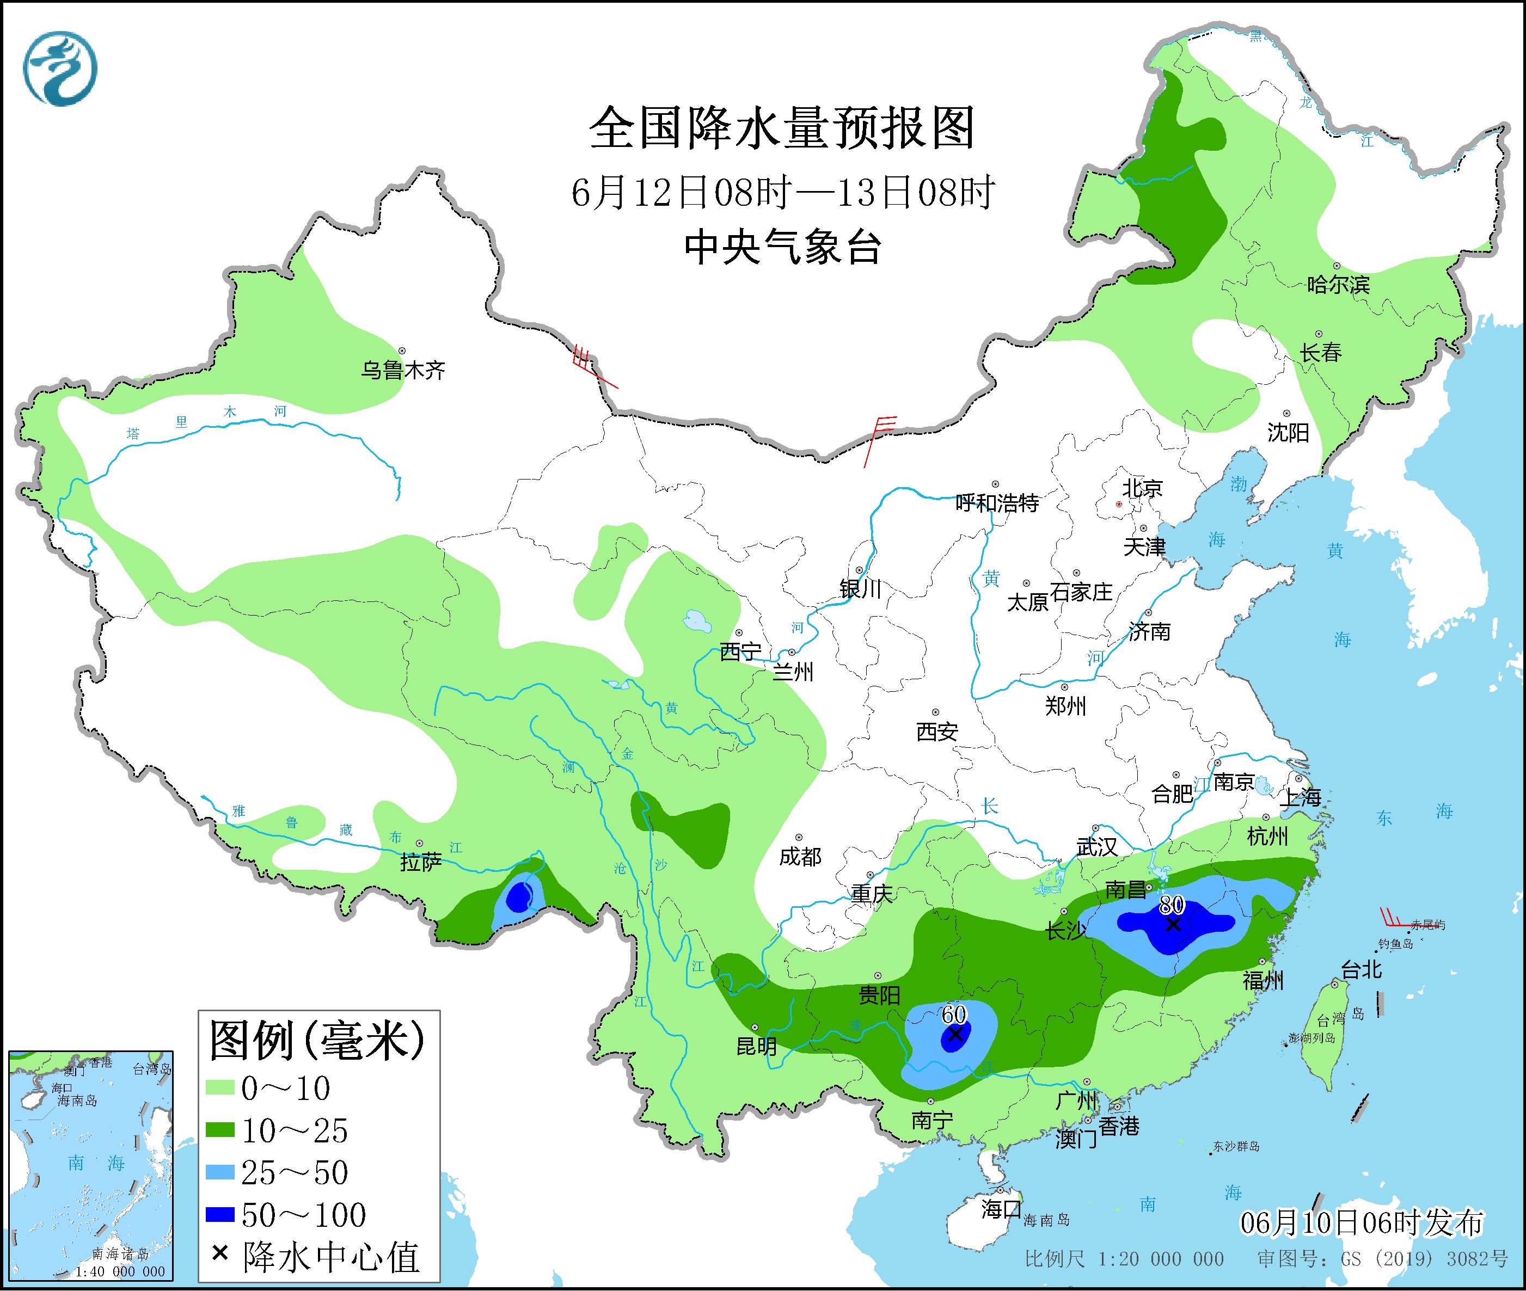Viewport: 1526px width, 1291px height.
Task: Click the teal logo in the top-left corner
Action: coord(60,68)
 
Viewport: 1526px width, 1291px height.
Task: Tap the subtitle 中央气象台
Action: coord(782,247)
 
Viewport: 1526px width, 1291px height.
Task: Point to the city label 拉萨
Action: coord(421,862)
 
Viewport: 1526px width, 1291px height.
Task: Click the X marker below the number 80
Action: coord(1173,924)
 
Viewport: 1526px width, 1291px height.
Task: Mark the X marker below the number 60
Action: coord(955,1034)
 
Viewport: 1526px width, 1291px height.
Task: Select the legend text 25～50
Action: coord(295,1173)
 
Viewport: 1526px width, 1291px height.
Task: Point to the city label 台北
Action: coord(1362,970)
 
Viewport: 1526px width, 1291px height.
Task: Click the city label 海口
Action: coord(1001,1208)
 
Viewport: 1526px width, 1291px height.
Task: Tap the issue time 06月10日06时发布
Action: coord(1362,1223)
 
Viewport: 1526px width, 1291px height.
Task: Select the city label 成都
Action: coord(800,856)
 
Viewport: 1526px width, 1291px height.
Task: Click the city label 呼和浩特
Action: coord(997,503)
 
